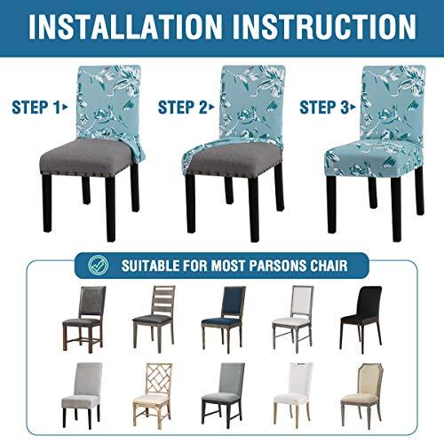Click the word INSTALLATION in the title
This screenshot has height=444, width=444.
tap(125, 27)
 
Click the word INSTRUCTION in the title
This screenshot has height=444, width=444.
tap(324, 27)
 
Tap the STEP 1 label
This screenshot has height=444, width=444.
tap(40, 107)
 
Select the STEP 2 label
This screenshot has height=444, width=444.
tap(186, 107)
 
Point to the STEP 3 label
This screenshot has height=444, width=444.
tap(328, 107)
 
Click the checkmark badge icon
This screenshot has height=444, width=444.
tap(99, 265)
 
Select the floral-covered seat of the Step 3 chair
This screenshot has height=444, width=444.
tap(373, 158)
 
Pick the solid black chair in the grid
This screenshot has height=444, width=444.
tap(361, 319)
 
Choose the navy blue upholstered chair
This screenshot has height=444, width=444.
tap(224, 319)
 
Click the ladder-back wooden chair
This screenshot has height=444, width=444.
tap(154, 319)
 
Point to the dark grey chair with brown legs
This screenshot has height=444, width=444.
tap(84, 319)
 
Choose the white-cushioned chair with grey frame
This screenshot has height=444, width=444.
tap(293, 319)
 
